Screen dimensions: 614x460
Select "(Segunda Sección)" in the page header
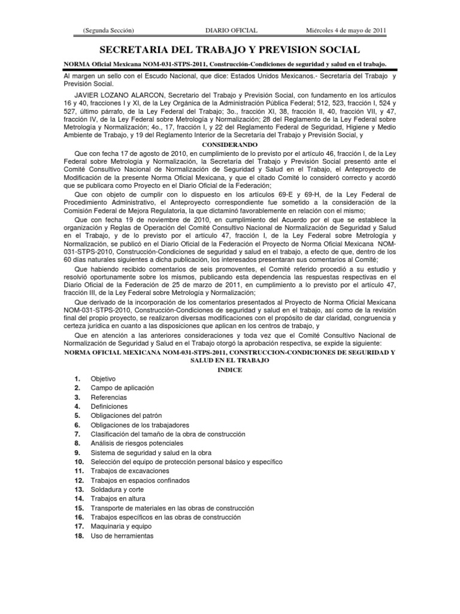click(x=108, y=30)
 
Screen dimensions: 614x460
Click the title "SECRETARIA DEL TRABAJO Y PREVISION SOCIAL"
click(x=229, y=49)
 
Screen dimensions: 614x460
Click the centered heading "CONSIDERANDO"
click(x=229, y=146)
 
